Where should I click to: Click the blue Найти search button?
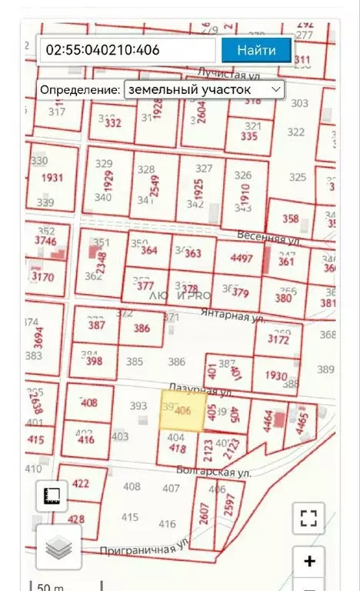coord(256,51)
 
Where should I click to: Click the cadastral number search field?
coord(127,51)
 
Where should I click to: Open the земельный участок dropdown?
coord(204,89)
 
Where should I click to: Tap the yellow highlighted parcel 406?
coord(182,411)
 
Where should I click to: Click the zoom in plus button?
coord(309,561)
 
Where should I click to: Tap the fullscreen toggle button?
coord(309,519)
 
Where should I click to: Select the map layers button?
coord(58,548)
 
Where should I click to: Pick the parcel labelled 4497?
coord(242,259)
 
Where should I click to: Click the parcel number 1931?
coord(52,178)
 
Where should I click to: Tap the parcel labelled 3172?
coord(278,339)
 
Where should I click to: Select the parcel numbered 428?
coord(76,519)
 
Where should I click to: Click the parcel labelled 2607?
coord(202,512)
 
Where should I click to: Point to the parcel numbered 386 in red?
coord(142,329)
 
